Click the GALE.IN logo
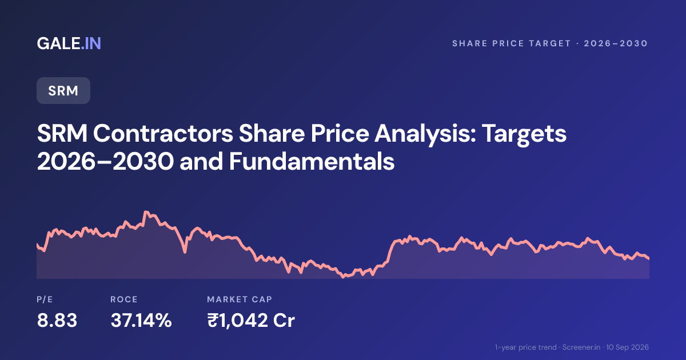pos(69,43)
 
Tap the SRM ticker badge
pos(63,91)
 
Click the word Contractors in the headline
pos(163,134)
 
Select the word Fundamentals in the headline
pos(312,161)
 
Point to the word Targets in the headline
pos(524,134)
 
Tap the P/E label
pos(45,299)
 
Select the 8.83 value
pos(57,321)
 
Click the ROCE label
pos(124,299)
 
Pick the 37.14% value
pos(141,321)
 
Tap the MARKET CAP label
pos(240,299)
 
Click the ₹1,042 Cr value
pos(251,321)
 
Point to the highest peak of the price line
pos(146,212)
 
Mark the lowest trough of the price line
pos(344,277)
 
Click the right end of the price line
pos(649,258)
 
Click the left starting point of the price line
pos(37,245)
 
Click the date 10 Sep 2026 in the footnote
pos(628,347)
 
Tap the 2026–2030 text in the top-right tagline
pos(616,43)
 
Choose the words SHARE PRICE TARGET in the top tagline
pos(512,43)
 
